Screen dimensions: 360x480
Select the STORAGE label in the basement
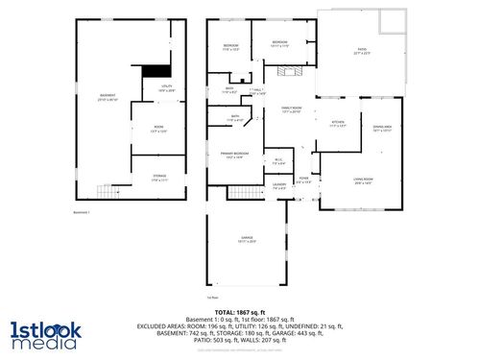(159, 177)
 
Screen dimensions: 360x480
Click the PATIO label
(363, 53)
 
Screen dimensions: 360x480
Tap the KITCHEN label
(337, 123)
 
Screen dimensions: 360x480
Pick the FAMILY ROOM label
(291, 110)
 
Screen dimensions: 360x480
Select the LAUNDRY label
(279, 186)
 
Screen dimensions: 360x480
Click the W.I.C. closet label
(277, 161)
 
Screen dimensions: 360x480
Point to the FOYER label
(303, 180)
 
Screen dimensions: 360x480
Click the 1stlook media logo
(46, 333)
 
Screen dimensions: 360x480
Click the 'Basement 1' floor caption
(82, 212)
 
